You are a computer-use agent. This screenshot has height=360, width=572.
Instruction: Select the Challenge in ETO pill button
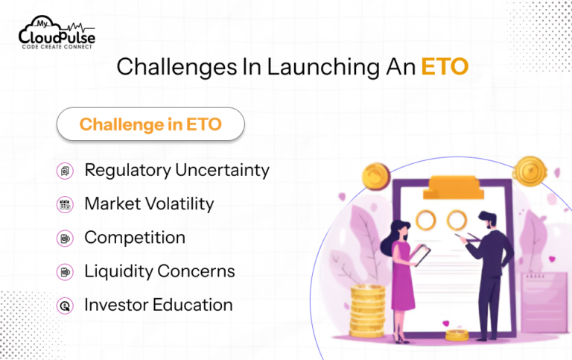tap(150, 124)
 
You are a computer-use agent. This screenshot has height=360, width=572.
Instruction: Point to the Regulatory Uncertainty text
tap(177, 170)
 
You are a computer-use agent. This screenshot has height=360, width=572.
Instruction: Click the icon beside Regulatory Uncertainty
tap(65, 171)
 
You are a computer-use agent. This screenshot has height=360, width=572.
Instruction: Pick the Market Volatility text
tap(149, 203)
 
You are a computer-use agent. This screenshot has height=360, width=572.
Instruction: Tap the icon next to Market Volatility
tap(65, 204)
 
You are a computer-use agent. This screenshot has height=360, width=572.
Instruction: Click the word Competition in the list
tap(135, 238)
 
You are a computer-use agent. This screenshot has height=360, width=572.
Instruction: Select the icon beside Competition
tap(65, 239)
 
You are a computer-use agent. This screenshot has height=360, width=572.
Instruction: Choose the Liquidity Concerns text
tap(159, 271)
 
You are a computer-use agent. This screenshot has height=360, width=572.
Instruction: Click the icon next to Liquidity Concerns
tap(65, 272)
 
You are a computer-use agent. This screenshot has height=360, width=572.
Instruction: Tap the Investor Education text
tap(158, 305)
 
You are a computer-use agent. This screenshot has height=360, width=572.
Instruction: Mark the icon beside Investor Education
tap(65, 306)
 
